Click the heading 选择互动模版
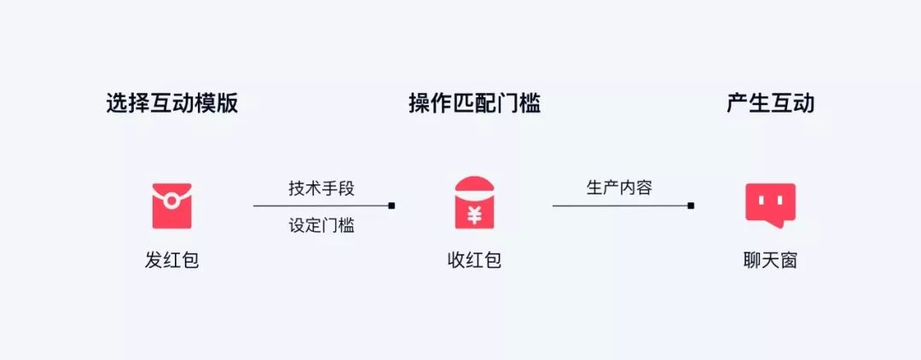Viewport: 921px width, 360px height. click(171, 104)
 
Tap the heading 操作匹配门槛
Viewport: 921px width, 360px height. click(474, 104)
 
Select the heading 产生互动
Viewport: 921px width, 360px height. click(770, 104)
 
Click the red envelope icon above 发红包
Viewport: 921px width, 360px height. click(171, 206)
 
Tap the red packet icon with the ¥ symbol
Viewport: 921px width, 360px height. click(474, 203)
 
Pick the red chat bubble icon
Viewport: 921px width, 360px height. click(769, 205)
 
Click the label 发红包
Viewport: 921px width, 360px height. click(171, 260)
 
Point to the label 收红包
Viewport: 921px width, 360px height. click(474, 260)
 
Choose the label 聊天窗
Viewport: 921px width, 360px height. click(770, 260)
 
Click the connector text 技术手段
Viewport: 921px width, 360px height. click(321, 189)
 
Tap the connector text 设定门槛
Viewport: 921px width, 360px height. click(321, 226)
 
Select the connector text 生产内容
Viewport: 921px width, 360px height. click(619, 188)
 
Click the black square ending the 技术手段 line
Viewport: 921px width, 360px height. click(391, 206)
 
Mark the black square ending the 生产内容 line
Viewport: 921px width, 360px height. click(691, 206)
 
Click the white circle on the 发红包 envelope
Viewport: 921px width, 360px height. click(171, 201)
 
